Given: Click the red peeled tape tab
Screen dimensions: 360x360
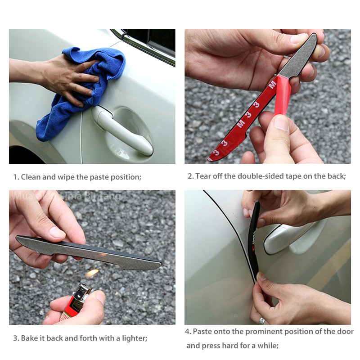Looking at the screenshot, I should [282, 94].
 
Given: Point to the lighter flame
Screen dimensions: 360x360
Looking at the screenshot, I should [92, 273].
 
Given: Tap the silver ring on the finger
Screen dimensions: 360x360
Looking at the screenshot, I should [262, 320].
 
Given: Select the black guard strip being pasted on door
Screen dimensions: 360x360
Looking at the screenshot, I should [255, 238].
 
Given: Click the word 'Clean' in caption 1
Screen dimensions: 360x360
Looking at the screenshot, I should [30, 177].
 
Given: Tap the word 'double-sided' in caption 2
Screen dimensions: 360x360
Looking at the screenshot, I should [263, 176].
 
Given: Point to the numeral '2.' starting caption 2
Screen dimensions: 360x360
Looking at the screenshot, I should [190, 176].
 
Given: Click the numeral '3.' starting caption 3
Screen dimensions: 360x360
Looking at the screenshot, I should [16, 337].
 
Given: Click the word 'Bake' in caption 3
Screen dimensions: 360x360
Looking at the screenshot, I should [29, 337].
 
